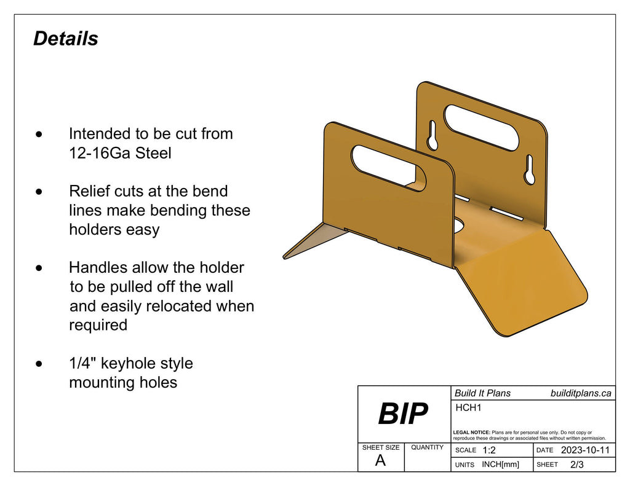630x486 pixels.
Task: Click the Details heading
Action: pos(65,39)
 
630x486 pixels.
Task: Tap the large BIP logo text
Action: pos(403,414)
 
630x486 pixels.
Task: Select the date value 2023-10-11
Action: pos(585,450)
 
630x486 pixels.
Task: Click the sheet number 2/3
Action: pos(577,464)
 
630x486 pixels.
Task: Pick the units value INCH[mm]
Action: pos(500,464)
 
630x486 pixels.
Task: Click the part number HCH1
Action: pos(468,407)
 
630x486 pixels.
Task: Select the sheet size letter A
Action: pos(380,461)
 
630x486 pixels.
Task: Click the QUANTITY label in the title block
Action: pos(427,447)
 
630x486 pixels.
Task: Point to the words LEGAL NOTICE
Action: pos(471,433)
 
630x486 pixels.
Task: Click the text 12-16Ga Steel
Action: pos(120,153)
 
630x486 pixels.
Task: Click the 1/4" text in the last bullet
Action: pos(82,363)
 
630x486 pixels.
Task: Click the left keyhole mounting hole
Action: pos(433,135)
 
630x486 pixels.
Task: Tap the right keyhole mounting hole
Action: pos(530,170)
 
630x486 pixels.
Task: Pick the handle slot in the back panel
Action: pos(481,128)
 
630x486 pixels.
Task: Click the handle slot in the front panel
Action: pos(389,168)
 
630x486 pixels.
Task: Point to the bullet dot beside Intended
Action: pos(39,134)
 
